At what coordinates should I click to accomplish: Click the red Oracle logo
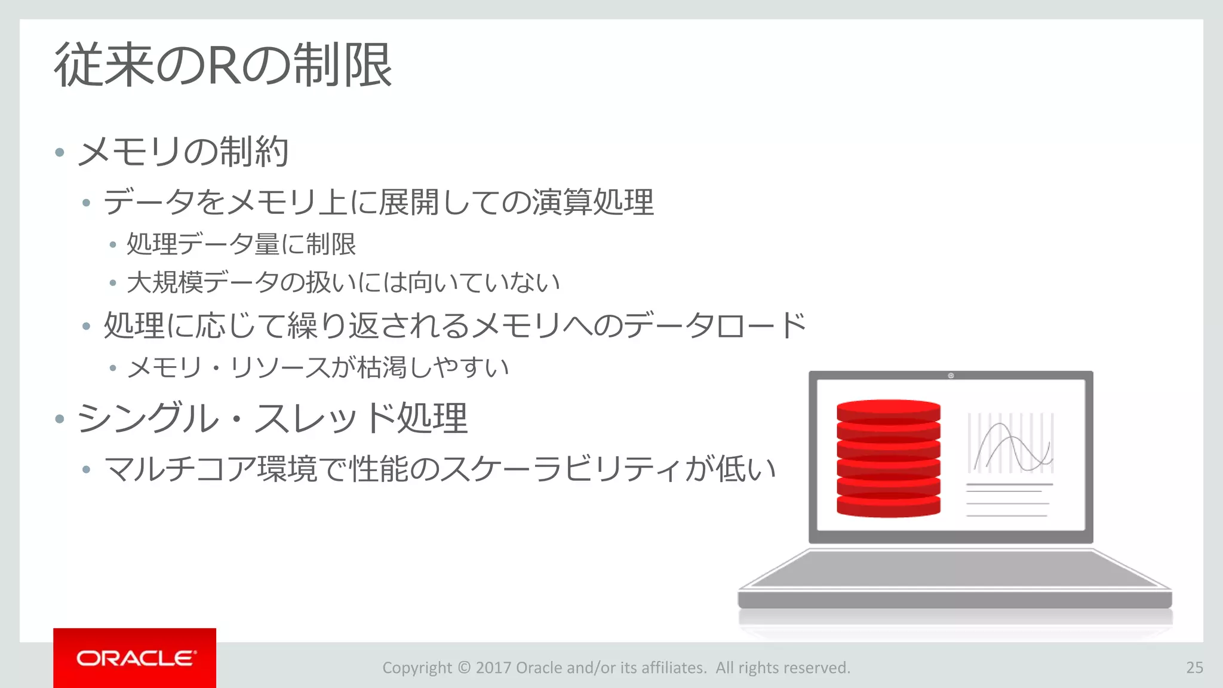tap(134, 658)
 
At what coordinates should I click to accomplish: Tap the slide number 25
tap(1194, 667)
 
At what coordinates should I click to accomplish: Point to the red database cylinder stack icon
tap(889, 458)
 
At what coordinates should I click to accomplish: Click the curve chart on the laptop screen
tap(1010, 443)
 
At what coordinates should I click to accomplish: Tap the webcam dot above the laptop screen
tap(951, 376)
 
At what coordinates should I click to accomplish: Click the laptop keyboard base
tap(954, 570)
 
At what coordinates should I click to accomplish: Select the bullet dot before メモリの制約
tap(59, 152)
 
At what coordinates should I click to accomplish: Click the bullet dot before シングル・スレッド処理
tap(59, 418)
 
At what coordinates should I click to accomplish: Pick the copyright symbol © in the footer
tap(463, 667)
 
